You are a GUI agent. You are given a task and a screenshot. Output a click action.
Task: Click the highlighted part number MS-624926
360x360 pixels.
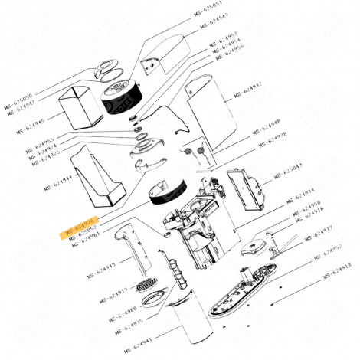(79, 231)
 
